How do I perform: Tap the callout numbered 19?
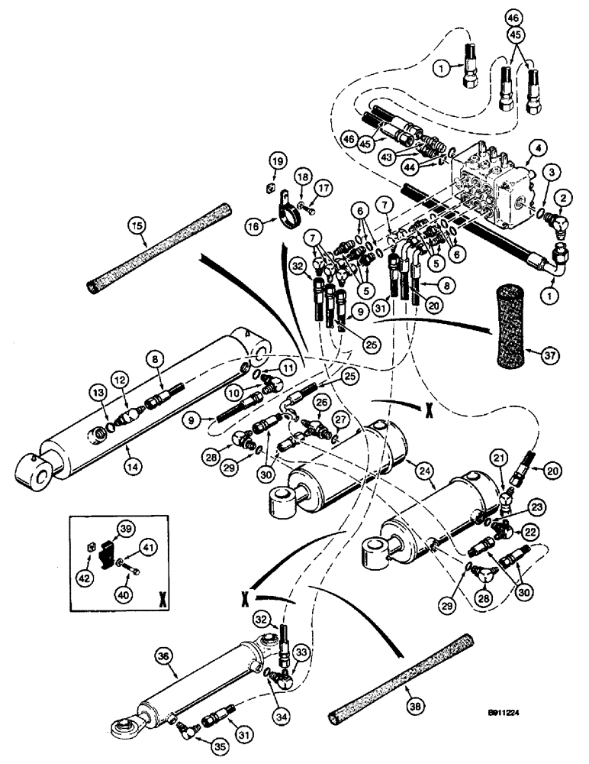pyautogui.click(x=277, y=161)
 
